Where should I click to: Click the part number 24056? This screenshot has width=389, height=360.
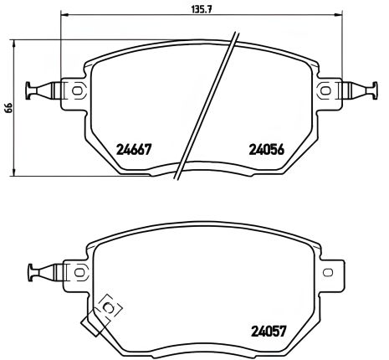(267, 151)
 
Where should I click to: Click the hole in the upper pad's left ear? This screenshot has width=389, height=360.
(77, 90)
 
